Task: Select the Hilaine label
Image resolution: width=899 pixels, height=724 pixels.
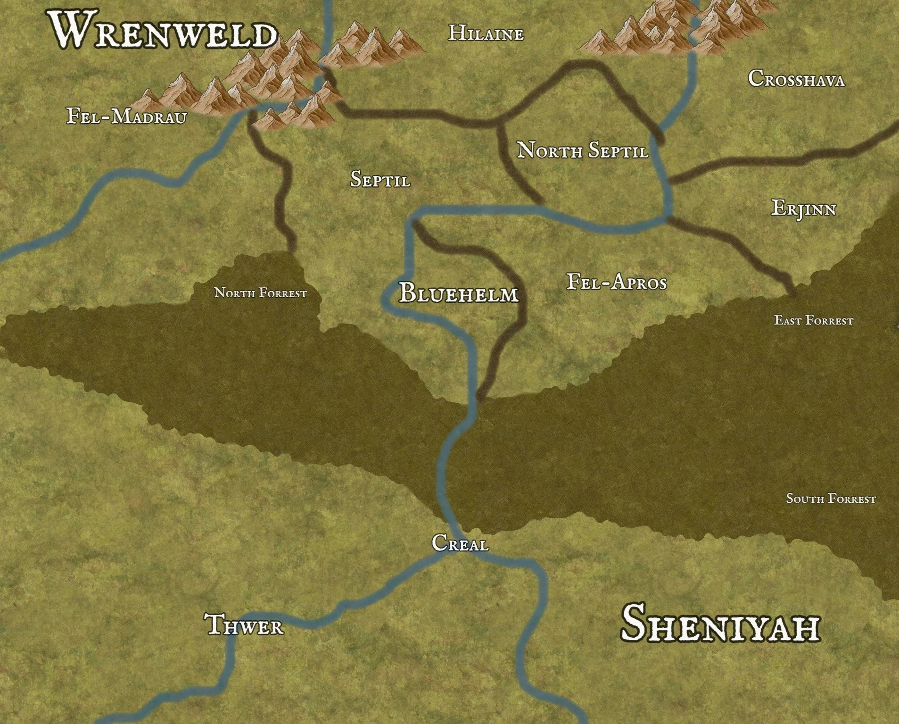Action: tap(486, 33)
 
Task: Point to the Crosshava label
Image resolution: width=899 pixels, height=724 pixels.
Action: tap(796, 79)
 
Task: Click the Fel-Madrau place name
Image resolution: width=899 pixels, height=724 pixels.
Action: tap(126, 116)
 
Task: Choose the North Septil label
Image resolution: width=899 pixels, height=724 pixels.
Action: tap(583, 150)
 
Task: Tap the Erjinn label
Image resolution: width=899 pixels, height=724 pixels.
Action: tap(803, 208)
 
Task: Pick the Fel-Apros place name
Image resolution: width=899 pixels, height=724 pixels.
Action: tap(617, 283)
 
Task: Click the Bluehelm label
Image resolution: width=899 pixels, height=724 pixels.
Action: tap(459, 293)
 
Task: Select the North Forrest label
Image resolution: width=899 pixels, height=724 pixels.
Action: tap(261, 293)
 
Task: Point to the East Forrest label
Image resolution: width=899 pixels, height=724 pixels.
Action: tap(814, 321)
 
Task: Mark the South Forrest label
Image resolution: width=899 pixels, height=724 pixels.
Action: tap(831, 499)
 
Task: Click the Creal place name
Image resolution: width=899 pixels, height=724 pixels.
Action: tap(460, 543)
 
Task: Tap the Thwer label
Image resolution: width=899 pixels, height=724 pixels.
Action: tap(245, 625)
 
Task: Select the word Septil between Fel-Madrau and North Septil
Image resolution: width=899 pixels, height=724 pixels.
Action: tap(380, 179)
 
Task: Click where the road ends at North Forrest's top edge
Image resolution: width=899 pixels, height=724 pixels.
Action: tap(291, 250)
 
